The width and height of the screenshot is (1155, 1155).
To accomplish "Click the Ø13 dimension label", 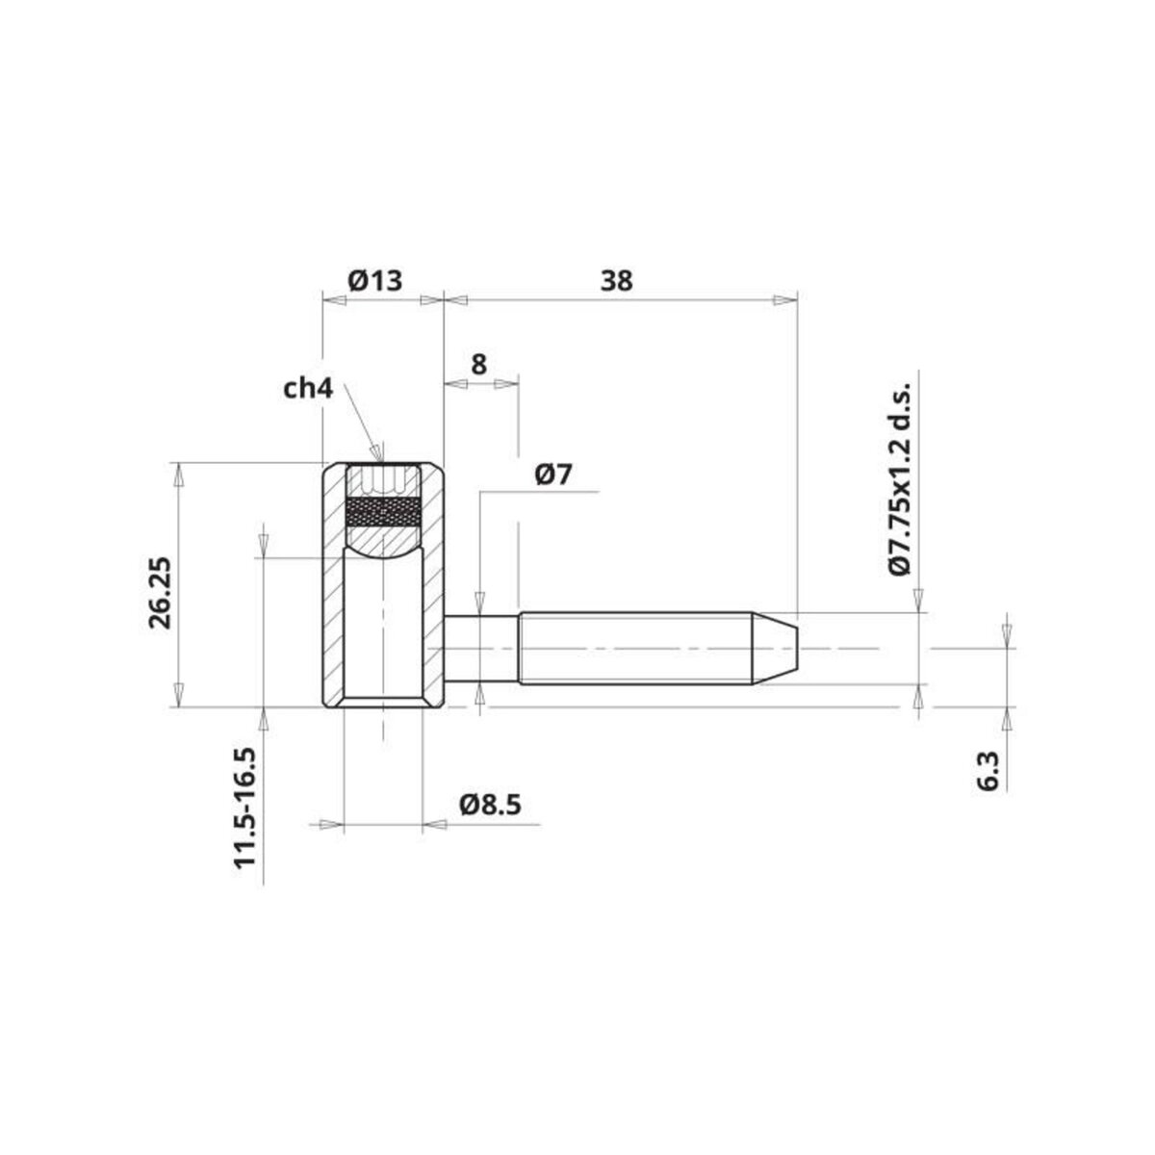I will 374,281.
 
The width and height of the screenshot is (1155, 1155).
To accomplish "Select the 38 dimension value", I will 617,281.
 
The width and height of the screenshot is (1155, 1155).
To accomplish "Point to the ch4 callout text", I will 308,389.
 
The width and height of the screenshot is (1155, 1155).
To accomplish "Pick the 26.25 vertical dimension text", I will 160,592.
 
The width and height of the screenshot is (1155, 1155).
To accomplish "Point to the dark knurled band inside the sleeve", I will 382,512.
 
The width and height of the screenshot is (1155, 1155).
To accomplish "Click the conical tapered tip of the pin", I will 778,649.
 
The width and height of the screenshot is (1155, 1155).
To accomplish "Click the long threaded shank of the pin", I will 635,649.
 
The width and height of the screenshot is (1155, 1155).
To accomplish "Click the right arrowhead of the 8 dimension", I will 507,384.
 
